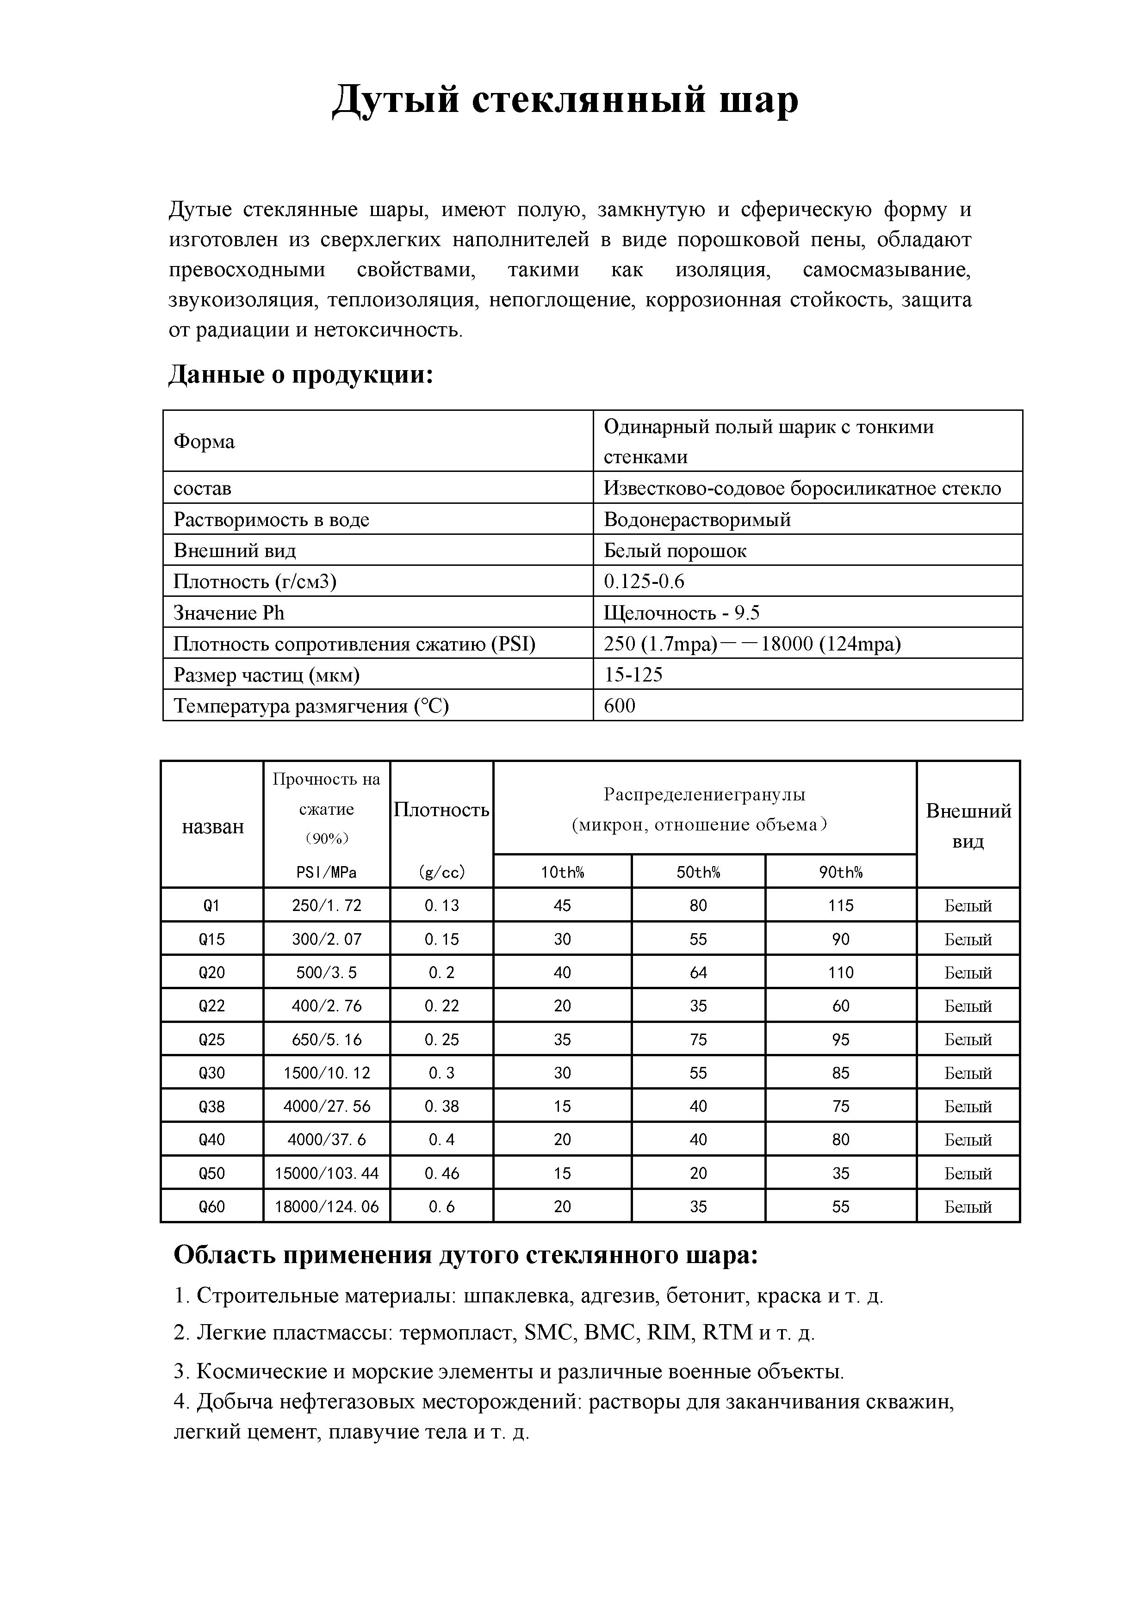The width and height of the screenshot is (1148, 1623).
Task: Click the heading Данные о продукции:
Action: click(x=300, y=374)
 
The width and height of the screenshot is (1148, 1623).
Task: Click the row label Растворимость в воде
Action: click(x=272, y=520)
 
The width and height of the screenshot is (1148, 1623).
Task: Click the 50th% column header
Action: click(x=698, y=872)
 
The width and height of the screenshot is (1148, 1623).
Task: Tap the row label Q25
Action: click(x=211, y=1039)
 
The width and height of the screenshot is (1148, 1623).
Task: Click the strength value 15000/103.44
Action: click(x=327, y=1173)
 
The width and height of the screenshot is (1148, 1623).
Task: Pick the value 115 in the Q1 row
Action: click(x=840, y=905)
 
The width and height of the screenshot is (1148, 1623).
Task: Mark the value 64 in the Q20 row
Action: click(x=698, y=973)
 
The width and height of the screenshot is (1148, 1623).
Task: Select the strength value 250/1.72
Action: click(x=327, y=905)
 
